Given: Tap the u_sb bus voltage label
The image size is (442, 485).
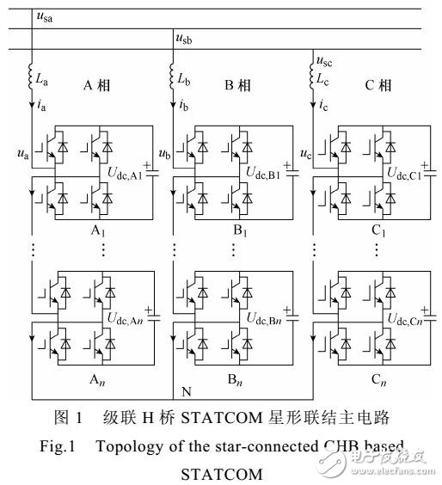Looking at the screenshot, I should click(185, 38).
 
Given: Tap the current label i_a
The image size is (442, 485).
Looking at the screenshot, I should click(42, 106).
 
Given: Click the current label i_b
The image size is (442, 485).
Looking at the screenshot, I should click(184, 106).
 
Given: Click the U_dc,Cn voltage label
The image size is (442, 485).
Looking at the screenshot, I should click(402, 321).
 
